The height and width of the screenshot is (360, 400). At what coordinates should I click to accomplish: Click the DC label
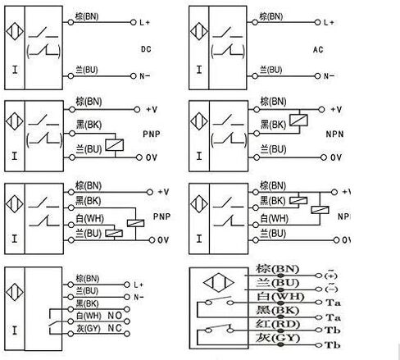(x=147, y=48)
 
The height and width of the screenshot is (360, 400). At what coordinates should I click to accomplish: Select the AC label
(x=319, y=48)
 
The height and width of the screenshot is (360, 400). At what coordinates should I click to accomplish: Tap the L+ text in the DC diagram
(x=145, y=21)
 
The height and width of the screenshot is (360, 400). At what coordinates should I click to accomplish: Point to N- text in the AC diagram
(x=328, y=75)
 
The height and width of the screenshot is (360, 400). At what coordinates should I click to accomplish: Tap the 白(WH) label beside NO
(x=87, y=315)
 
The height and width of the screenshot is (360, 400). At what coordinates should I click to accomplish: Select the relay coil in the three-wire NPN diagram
(x=301, y=119)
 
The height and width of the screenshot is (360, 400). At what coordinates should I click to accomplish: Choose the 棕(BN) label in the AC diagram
(x=272, y=16)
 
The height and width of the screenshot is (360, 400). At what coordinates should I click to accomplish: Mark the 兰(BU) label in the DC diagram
(x=87, y=71)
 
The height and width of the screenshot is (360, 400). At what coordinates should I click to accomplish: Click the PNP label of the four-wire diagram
(x=161, y=217)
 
